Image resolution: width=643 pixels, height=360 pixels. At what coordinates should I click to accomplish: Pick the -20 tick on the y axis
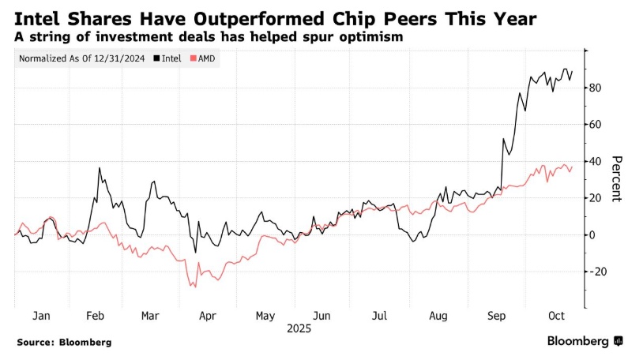pos(597,272)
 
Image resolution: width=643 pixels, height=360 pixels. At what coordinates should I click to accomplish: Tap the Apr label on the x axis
pos(207,315)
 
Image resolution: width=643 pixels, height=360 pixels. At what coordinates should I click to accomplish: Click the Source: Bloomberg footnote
pos(64,343)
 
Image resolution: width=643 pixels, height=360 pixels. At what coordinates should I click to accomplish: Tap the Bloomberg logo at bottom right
pos(585,341)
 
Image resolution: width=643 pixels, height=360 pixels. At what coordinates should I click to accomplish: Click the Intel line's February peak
pos(100,168)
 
